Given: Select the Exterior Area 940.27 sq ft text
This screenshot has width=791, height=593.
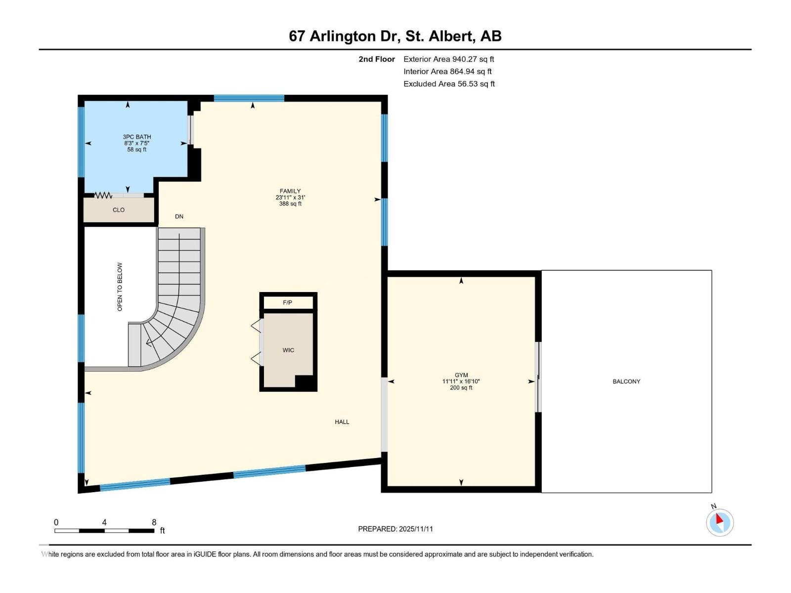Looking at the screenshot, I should tap(448, 59).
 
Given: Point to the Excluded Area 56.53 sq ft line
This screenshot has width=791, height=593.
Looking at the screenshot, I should tap(449, 84).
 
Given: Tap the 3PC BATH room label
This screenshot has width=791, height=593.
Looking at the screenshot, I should tap(137, 143).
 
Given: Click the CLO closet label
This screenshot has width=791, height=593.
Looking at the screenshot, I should tap(119, 210).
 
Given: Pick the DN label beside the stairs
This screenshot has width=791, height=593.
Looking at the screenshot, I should tap(179, 216).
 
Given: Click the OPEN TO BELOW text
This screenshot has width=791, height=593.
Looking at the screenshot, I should tap(120, 287).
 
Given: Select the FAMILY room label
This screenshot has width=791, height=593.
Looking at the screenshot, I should tap(290, 197).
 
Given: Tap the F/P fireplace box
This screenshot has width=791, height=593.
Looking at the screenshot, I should tap(288, 302).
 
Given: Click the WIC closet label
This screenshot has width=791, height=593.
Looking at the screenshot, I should tap(288, 350).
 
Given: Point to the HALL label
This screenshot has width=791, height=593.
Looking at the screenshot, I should tap(342, 422).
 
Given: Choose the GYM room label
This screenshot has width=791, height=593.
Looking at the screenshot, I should tap(461, 381).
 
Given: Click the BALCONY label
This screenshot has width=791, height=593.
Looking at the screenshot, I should tap(626, 381).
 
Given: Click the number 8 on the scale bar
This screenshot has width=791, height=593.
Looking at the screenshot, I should tap(154, 522).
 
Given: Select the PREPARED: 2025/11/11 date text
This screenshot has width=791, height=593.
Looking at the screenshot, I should tap(395, 529).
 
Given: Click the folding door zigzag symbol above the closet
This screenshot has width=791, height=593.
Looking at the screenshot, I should tap(103, 196).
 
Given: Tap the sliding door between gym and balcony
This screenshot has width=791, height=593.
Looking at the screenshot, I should tap(539, 377).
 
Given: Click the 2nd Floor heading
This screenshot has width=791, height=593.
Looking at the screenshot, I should tap(377, 59).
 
